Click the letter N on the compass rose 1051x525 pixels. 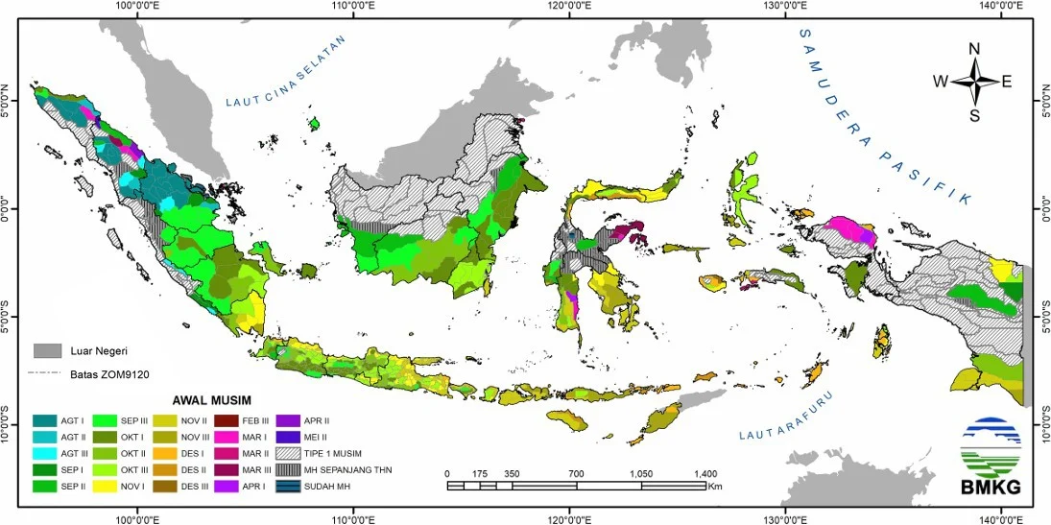click(x=974, y=50)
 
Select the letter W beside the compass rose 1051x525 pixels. click(x=941, y=83)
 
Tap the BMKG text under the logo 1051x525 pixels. click(x=990, y=489)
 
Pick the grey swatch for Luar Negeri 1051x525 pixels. click(x=46, y=351)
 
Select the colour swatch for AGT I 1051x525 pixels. click(x=43, y=420)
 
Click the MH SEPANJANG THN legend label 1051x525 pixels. click(x=350, y=469)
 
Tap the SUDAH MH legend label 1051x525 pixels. click(x=330, y=487)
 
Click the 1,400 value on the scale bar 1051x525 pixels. click(x=704, y=474)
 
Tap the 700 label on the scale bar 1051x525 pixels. click(x=576, y=474)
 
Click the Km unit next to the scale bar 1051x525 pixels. click(x=715, y=487)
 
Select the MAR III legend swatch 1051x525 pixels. click(x=227, y=470)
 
